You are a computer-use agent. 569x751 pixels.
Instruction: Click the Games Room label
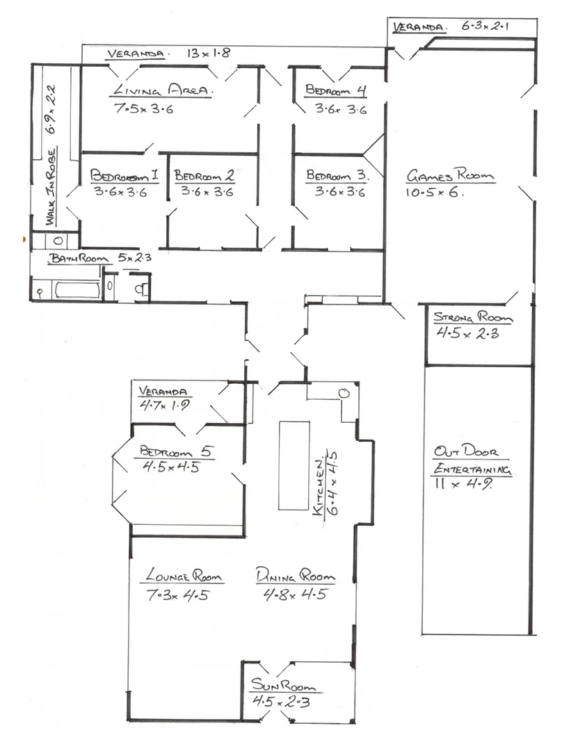click(450, 175)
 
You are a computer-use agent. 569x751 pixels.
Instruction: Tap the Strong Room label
click(473, 317)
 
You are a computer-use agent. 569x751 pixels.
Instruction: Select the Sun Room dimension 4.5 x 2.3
click(281, 702)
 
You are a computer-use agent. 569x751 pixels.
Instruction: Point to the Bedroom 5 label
click(176, 451)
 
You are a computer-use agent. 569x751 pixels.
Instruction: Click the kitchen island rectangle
click(294, 465)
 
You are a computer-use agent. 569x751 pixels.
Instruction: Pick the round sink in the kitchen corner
click(344, 394)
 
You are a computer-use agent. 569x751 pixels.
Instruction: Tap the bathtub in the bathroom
click(77, 290)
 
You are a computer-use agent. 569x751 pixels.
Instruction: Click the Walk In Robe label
click(51, 187)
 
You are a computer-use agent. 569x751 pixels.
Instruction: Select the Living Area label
click(162, 90)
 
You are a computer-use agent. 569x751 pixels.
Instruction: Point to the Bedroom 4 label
click(335, 90)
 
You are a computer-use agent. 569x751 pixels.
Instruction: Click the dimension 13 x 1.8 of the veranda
click(209, 53)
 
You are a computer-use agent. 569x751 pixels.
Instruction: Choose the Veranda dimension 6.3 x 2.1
click(485, 26)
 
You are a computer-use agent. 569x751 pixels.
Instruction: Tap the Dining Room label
click(295, 575)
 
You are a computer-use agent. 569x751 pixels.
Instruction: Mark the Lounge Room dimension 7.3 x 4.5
click(177, 595)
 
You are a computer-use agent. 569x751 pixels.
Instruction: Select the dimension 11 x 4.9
click(463, 484)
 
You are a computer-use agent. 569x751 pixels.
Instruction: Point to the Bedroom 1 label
click(125, 175)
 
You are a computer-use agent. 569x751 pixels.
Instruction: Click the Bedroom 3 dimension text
click(339, 192)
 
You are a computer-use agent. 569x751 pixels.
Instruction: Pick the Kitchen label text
click(318, 487)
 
